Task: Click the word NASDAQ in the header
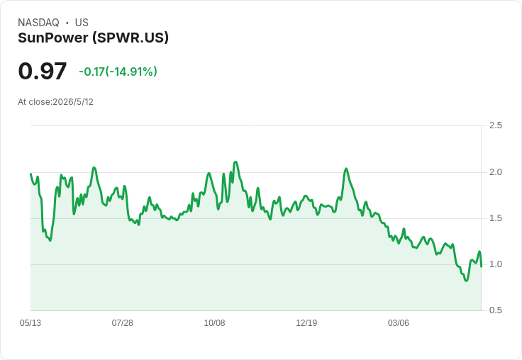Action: pos(38,23)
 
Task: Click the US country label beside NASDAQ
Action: pos(82,23)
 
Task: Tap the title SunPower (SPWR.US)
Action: pos(93,38)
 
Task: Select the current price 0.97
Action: pos(43,71)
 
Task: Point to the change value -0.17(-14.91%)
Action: pos(118,72)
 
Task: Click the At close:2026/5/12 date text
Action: pos(55,102)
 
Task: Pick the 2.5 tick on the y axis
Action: pos(495,125)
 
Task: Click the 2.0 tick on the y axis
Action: pos(495,172)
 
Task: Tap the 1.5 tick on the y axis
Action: pos(495,218)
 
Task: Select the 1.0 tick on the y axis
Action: pos(495,264)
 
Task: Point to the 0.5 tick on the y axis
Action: pos(495,310)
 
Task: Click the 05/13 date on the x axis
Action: pos(30,323)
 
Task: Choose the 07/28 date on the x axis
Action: pos(122,323)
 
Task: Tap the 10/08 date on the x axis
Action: pos(214,323)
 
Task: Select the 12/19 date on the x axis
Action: pos(306,323)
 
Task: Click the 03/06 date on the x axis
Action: pos(398,323)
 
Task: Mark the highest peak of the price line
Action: pos(235,162)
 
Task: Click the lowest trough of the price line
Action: pos(467,281)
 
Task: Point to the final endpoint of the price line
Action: pos(482,266)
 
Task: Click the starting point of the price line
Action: pos(30,174)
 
